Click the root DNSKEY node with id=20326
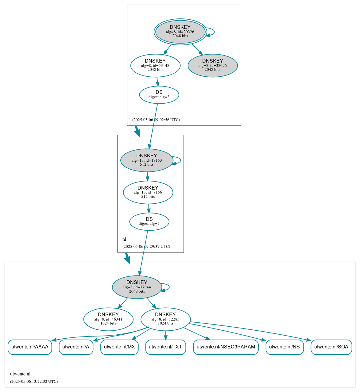pos(180,32)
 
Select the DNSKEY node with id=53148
pos(155,65)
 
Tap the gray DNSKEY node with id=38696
pos(212,65)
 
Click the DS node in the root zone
pos(159,95)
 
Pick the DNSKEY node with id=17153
pos(147,160)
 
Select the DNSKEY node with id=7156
pos(148,192)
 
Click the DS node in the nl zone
pos(149,221)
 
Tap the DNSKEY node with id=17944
pos(137,287)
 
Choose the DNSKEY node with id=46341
pos(108,319)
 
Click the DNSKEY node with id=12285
pos(165,319)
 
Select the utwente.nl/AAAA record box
pos(30,347)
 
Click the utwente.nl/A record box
pos(76,347)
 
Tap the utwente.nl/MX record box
pos(119,347)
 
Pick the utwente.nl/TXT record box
pos(165,347)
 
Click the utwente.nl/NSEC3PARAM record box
pos(226,347)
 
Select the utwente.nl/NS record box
pos(285,347)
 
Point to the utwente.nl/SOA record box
pos(331,347)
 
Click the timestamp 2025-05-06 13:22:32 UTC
pos(34,382)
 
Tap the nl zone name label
pos(124,239)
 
